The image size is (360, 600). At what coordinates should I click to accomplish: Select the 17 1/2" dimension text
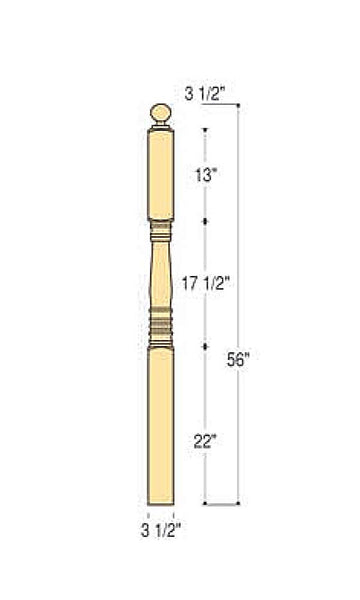coord(206,284)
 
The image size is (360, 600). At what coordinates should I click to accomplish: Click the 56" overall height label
coord(238,363)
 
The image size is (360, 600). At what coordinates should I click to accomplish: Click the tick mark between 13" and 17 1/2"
coord(206,221)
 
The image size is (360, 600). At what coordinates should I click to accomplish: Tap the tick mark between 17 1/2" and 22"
coord(206,345)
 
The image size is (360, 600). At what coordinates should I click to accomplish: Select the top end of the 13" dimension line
coord(206,128)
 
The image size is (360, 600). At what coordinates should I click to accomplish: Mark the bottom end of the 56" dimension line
coord(238,502)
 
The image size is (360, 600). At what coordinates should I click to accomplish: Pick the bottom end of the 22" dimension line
coord(206,502)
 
